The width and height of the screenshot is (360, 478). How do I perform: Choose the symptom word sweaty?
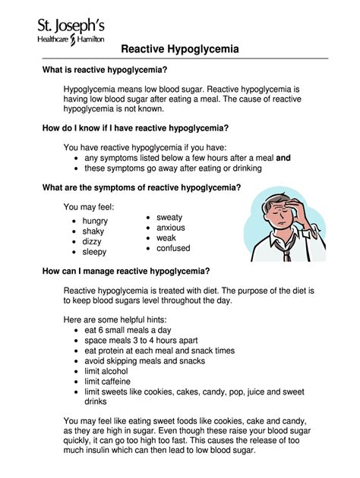click(170, 217)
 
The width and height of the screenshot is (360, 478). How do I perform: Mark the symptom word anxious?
click(171, 228)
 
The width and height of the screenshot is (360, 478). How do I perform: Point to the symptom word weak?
click(167, 237)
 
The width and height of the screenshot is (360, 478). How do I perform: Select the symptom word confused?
click(174, 248)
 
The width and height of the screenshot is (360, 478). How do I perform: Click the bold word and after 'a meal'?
click(284, 158)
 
